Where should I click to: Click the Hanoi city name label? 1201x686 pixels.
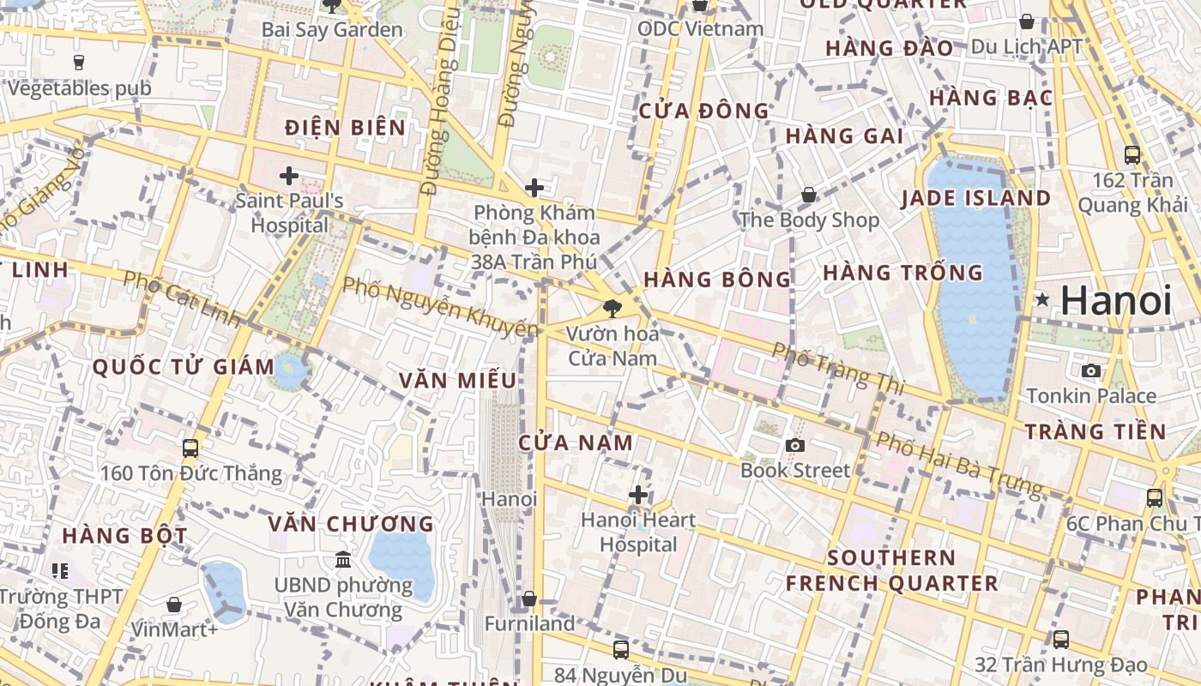click(1116, 301)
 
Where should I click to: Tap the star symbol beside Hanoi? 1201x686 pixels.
click(1042, 300)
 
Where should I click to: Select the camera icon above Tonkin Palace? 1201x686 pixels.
click(1091, 370)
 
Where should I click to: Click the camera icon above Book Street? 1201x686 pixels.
click(795, 445)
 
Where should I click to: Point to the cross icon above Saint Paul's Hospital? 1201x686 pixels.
click(289, 177)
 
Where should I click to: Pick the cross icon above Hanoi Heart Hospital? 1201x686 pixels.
click(638, 495)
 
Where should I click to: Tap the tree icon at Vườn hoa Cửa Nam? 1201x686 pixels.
click(613, 307)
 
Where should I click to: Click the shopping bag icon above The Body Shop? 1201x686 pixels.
click(809, 196)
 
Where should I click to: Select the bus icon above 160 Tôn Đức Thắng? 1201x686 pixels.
click(190, 448)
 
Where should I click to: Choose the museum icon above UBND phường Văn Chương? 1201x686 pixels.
click(343, 559)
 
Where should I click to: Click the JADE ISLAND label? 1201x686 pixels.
click(975, 198)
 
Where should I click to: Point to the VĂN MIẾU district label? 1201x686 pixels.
click(458, 380)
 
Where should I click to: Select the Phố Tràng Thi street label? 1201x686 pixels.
click(838, 369)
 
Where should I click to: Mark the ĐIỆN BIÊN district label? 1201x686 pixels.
click(346, 128)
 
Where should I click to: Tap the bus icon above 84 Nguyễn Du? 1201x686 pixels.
click(621, 649)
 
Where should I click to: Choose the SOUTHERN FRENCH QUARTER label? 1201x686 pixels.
click(892, 570)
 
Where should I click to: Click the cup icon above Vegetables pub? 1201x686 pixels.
click(79, 62)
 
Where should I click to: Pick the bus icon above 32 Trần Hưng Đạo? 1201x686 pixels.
click(1061, 639)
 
